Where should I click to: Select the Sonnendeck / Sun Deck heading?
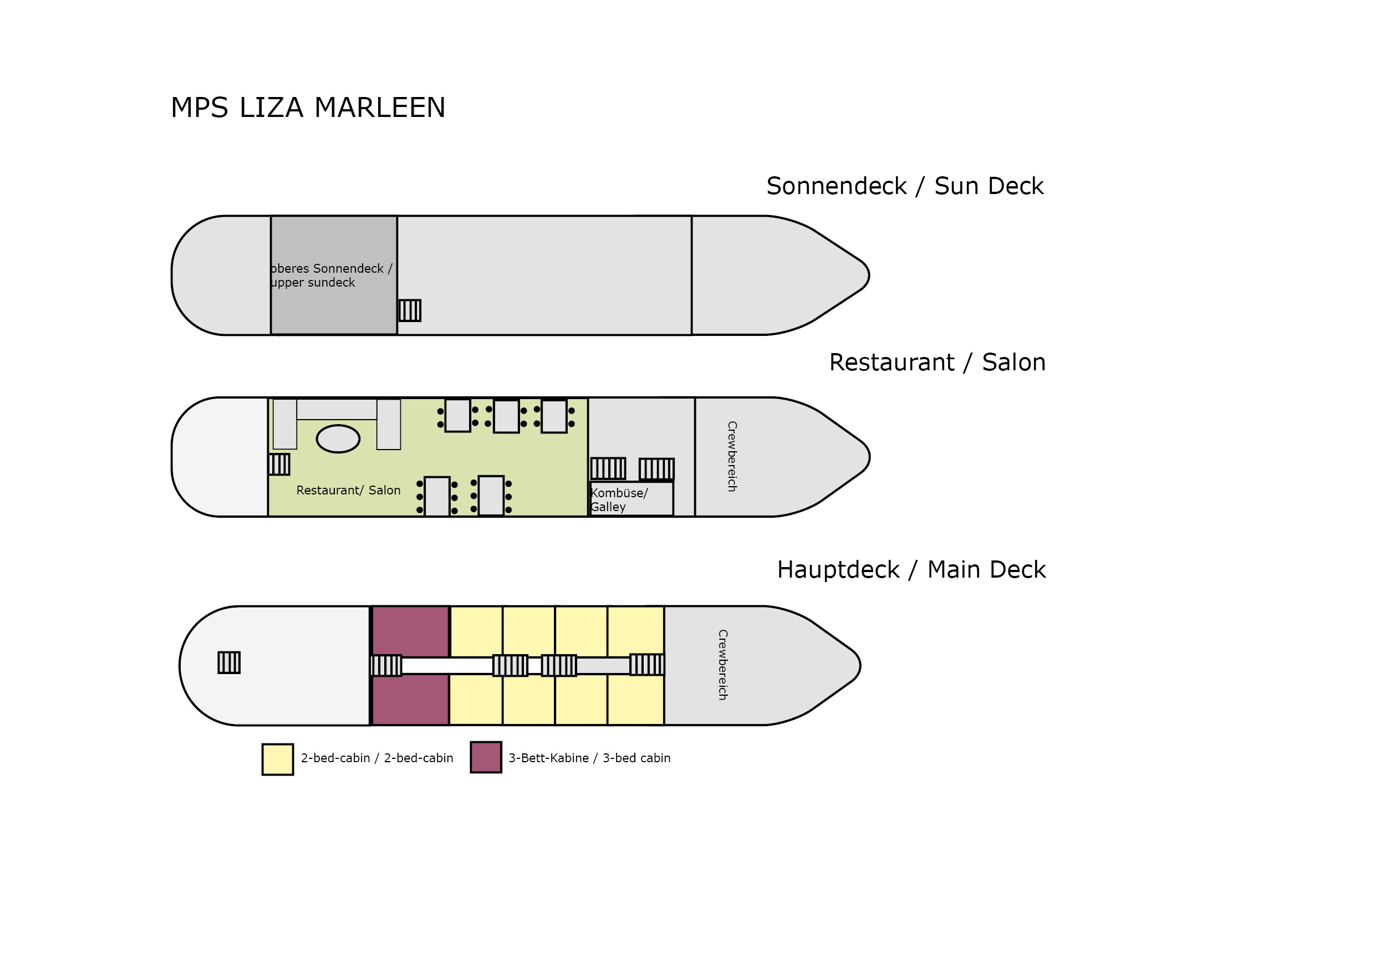[904, 186]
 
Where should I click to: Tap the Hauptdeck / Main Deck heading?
[911, 569]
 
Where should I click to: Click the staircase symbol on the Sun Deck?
[410, 310]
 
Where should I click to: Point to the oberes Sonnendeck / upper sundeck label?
[330, 276]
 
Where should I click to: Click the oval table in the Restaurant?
[338, 438]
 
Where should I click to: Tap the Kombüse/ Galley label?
[619, 499]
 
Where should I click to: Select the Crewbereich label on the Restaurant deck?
[732, 456]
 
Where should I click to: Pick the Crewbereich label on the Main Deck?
[723, 665]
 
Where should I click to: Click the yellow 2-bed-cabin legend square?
[278, 759]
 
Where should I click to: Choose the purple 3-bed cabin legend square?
[486, 757]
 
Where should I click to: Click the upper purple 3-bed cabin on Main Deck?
[410, 631]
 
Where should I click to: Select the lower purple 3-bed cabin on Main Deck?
[410, 700]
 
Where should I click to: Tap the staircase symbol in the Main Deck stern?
[229, 662]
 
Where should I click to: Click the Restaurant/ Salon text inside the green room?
[348, 491]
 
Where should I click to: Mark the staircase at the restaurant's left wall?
[279, 464]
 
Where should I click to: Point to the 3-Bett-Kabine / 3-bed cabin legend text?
[589, 758]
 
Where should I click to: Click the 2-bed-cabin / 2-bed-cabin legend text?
[376, 758]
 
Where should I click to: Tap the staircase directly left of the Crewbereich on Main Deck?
[647, 664]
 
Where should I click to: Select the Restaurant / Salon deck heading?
[937, 363]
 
